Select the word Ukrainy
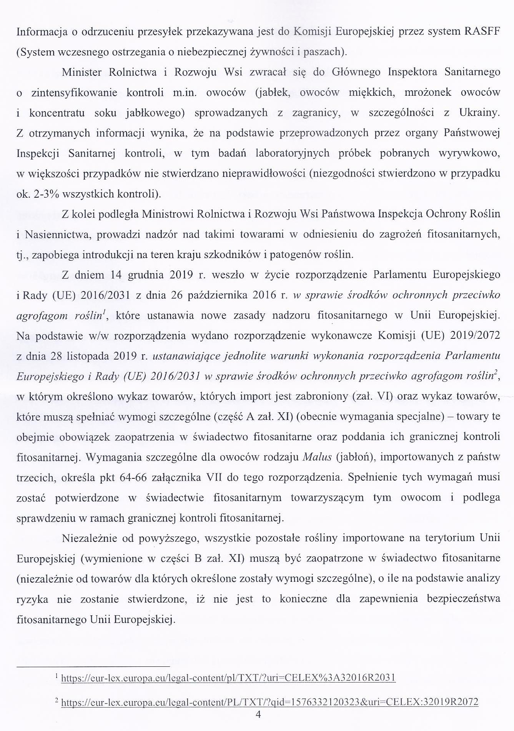tap(479, 113)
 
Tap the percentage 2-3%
tap(47, 194)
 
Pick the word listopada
tap(88, 356)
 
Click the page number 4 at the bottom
tap(258, 715)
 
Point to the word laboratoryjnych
tap(293, 153)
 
